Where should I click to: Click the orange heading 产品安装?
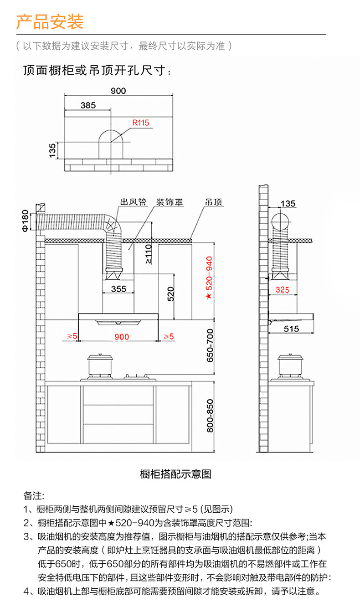pos(50,21)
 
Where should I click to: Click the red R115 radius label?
pos(140,123)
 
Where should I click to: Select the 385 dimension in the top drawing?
pos(88,105)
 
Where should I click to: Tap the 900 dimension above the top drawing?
pos(118,91)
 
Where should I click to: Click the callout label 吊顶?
pos(213,201)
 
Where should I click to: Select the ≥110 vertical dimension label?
pos(148,254)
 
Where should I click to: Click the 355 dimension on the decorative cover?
pos(118,289)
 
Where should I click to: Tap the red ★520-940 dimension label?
pos(209,278)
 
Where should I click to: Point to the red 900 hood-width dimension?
pos(122,337)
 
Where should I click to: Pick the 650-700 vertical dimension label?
pos(210,345)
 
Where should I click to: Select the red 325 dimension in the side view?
pos(283,290)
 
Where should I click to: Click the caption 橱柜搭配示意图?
pos(175,474)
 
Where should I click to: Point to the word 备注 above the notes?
pos(33,495)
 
